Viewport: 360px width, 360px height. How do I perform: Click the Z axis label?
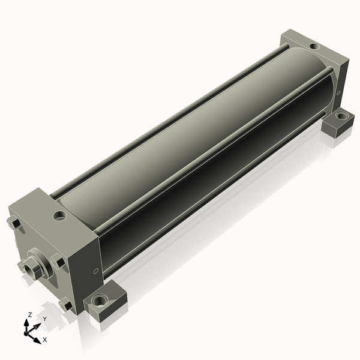coord(29,315)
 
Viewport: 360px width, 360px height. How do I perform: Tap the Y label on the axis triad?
coord(45,319)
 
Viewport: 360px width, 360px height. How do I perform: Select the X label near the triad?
coord(45,340)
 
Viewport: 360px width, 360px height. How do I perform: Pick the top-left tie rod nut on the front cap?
coord(14,223)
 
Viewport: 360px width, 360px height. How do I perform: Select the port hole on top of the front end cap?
coord(59,216)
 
